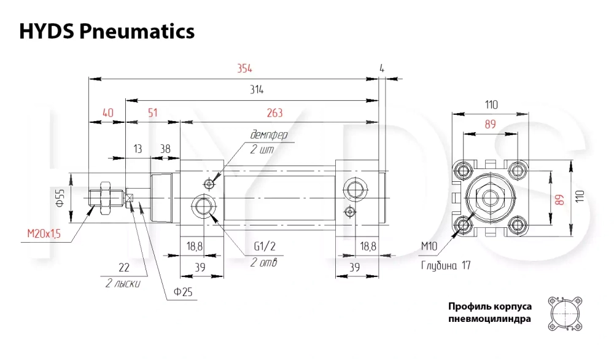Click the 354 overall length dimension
pos(244,69)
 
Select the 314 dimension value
pos(257,90)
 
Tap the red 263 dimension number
pos(274,113)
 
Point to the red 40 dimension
pos(107,113)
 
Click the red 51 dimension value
pos(153,113)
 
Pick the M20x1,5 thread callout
pos(44,234)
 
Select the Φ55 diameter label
pos(60,198)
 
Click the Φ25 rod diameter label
pos(183,292)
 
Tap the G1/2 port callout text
pos(265,246)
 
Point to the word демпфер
pos(269,135)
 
